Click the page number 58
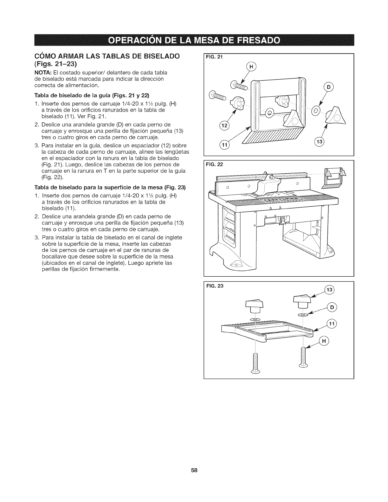click(194, 470)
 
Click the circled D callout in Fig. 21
click(328, 87)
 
